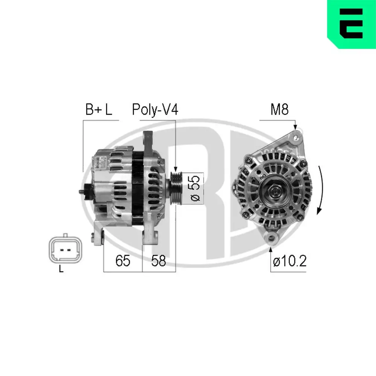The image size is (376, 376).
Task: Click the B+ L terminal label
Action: coord(99,110)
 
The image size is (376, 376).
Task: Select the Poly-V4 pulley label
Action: coord(155,110)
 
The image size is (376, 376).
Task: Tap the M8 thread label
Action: coord(279,110)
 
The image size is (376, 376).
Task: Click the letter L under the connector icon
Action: coord(61,270)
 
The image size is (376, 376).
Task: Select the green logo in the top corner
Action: coord(351,24)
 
